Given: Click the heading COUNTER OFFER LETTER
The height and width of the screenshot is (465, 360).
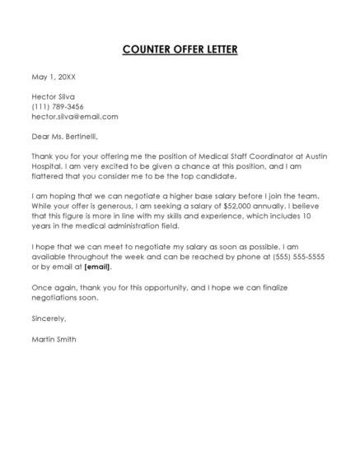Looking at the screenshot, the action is pos(180,49).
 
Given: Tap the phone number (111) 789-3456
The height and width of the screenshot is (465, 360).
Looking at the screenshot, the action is pos(58,106).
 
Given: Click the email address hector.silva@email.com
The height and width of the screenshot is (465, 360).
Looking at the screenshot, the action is pos(75,116).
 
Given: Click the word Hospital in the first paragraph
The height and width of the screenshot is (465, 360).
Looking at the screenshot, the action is pos(49,167).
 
